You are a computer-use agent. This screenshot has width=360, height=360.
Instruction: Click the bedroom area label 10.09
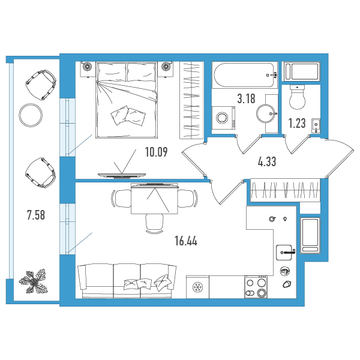157,152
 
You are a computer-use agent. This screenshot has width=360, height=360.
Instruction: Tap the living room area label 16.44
186,241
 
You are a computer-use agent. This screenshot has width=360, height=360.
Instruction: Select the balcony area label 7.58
36,215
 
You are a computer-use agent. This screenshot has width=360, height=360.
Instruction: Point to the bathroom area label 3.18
246,98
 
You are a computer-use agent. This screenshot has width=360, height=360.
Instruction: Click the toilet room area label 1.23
297,123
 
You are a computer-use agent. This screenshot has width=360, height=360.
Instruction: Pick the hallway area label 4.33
267,161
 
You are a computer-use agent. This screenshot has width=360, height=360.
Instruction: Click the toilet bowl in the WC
298,97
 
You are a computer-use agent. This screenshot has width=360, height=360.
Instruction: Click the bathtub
245,75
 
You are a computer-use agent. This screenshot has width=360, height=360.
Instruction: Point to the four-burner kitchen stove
256,287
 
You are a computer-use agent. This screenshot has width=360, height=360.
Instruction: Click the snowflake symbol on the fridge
197,287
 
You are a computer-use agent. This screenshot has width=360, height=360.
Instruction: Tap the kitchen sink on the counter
284,253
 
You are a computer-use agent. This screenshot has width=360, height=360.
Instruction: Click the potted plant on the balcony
34,282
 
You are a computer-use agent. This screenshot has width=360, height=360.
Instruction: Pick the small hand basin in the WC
316,125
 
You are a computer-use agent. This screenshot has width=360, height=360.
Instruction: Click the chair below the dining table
154,223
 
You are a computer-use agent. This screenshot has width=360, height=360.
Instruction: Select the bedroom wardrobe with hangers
192,100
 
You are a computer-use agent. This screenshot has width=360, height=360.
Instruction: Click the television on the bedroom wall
122,175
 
